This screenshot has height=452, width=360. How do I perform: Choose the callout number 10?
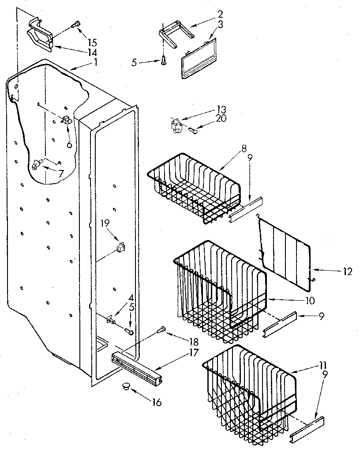pyautogui.click(x=309, y=301)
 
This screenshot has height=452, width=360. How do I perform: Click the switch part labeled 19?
pyautogui.click(x=119, y=247)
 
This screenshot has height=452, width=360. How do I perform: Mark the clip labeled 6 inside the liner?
pyautogui.click(x=66, y=120)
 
